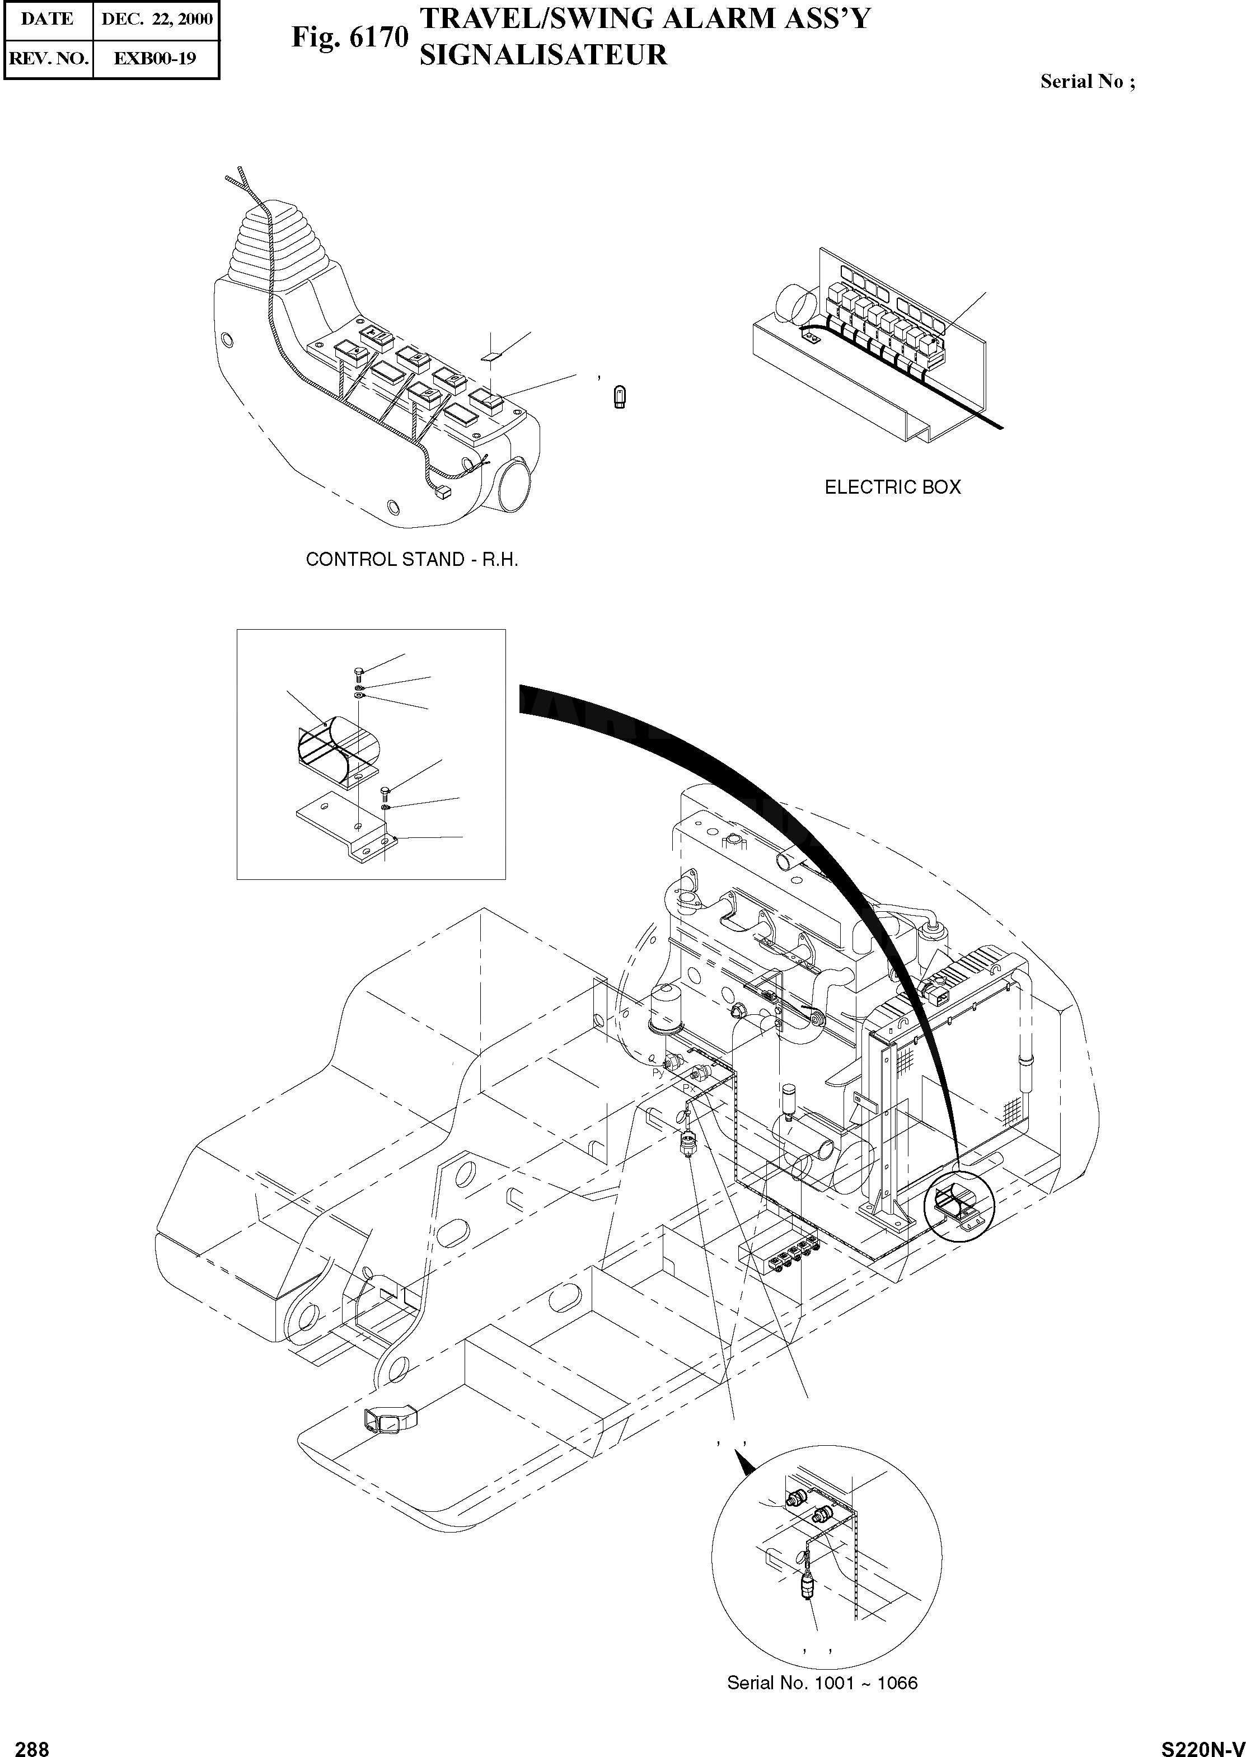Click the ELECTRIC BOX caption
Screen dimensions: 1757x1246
pos(892,487)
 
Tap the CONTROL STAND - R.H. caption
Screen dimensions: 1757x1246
pos(412,559)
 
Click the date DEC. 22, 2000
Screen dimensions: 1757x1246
pos(157,19)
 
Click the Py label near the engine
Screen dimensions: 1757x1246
pos(658,1074)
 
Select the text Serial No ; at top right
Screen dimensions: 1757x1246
pos(1087,82)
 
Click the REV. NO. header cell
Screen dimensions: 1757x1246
pos(48,58)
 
